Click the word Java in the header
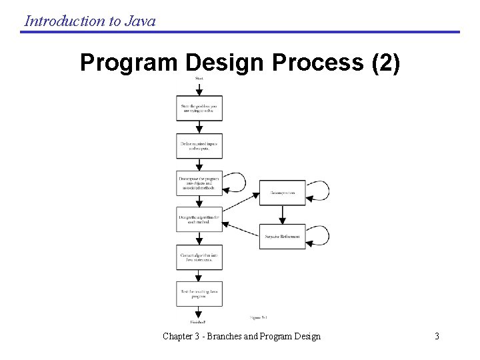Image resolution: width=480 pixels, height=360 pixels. [140, 21]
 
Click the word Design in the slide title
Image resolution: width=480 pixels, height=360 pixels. [225, 63]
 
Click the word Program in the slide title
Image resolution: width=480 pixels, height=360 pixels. [127, 63]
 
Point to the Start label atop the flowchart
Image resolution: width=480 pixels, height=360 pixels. [199, 79]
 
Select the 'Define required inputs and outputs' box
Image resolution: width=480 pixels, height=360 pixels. [199, 145]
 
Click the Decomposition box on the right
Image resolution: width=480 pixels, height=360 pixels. [282, 193]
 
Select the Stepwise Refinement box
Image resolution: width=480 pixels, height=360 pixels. [282, 236]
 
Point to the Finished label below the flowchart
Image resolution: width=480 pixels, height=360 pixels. [198, 322]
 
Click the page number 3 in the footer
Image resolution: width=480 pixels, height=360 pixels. [437, 336]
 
